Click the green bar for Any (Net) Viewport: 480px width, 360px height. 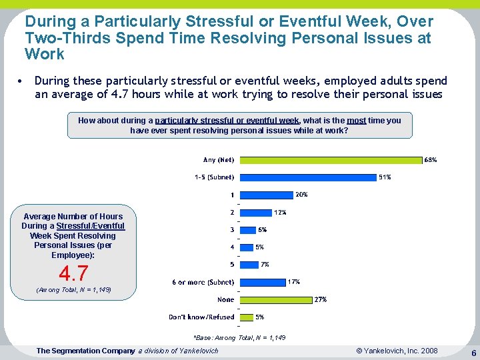331,160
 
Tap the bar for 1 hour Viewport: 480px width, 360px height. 266,195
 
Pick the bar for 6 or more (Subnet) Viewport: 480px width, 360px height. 262,282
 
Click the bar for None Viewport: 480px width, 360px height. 275,299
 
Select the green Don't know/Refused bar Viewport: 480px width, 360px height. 245,317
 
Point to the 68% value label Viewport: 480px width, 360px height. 431,160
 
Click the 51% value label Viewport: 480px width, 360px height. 385,177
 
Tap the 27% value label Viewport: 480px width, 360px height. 320,299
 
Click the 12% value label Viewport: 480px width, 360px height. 281,213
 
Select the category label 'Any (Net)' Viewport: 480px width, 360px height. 219,160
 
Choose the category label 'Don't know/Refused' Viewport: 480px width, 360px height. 201,317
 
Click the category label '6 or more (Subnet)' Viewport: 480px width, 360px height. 203,282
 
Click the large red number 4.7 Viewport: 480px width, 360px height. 73,273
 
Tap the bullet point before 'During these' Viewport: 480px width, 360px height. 22,81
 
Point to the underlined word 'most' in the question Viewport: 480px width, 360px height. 356,121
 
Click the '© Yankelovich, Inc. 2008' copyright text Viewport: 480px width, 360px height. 397,351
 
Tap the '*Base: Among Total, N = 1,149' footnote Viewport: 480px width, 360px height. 239,338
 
